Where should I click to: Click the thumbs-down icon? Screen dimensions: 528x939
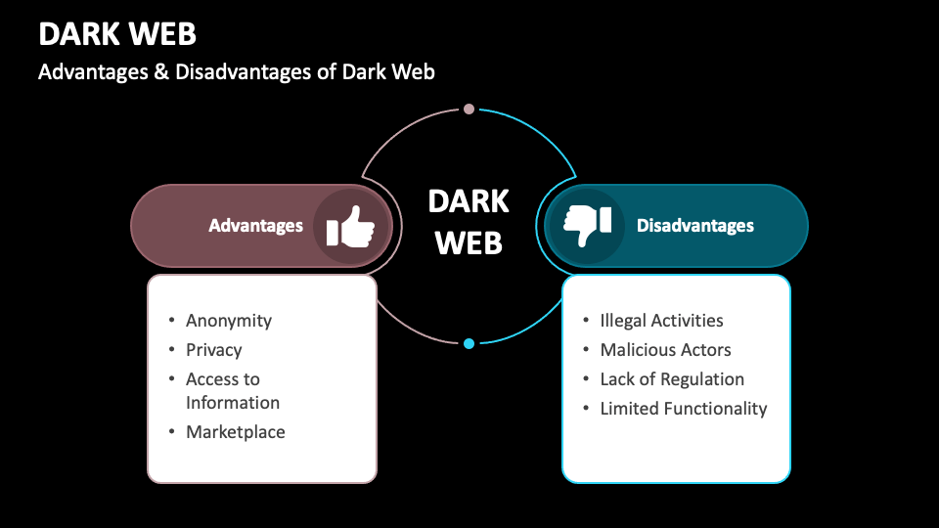click(587, 226)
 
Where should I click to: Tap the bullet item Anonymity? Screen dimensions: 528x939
click(229, 321)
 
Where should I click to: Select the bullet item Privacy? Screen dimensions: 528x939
click(214, 350)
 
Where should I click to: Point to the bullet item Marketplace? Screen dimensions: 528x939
click(236, 432)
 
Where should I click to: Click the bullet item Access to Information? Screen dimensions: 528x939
click(233, 391)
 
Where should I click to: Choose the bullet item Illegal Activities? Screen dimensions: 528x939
click(662, 321)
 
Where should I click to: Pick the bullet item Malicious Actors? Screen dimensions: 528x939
click(666, 350)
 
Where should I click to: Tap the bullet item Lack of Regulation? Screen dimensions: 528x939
click(672, 379)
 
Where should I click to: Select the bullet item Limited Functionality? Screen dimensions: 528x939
click(684, 409)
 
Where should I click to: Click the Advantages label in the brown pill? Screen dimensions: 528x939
click(255, 226)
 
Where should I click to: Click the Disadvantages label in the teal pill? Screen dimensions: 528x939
click(695, 226)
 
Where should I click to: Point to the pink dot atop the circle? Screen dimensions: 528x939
click(469, 109)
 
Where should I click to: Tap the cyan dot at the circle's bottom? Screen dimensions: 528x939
click(469, 343)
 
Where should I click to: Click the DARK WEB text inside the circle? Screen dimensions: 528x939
click(469, 221)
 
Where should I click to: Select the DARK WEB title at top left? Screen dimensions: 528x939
click(117, 34)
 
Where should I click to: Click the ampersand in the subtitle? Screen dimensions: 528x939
click(161, 72)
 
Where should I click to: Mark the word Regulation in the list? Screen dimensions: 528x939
click(702, 379)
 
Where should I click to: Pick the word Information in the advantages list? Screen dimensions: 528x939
click(233, 403)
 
